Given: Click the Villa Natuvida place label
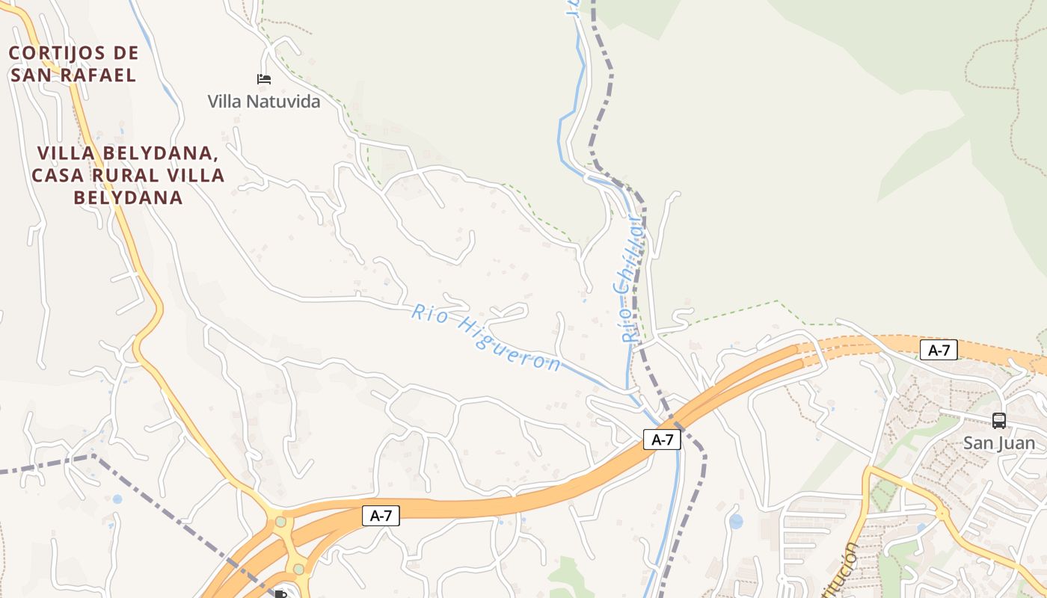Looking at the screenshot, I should coord(263,101).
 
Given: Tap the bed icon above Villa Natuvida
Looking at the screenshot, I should coord(263,79).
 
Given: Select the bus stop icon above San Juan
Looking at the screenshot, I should coord(998,421).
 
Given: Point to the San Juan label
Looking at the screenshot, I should coord(998,443).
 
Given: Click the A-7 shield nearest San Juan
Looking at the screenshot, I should coord(939,350).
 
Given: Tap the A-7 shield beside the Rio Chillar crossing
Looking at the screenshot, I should coord(662,440).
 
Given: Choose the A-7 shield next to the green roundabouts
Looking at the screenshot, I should coord(381,515).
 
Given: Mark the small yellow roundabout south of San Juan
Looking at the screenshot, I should coord(942,514).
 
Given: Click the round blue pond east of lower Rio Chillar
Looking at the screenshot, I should coord(736,521).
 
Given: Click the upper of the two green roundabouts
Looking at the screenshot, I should coord(280,521).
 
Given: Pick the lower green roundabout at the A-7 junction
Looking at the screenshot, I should coord(299,569).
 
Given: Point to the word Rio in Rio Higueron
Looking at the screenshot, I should coord(429,314).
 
